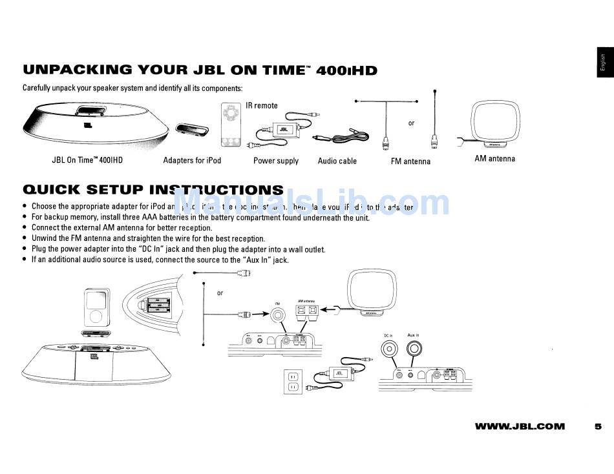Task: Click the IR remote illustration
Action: pyautogui.click(x=231, y=126)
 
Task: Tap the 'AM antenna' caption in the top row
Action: pyautogui.click(x=494, y=158)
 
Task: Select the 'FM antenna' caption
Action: pyautogui.click(x=410, y=161)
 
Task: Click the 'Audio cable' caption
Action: pyautogui.click(x=337, y=161)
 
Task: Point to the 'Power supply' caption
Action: pyautogui.click(x=276, y=161)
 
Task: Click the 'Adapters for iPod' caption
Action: pyautogui.click(x=192, y=160)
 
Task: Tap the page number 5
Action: pyautogui.click(x=598, y=426)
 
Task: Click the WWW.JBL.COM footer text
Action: pyautogui.click(x=520, y=426)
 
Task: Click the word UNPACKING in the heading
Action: pyautogui.click(x=77, y=70)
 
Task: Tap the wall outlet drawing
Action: pyautogui.click(x=292, y=381)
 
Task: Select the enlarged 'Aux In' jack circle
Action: pyautogui.click(x=414, y=350)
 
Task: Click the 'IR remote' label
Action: pyautogui.click(x=261, y=105)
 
